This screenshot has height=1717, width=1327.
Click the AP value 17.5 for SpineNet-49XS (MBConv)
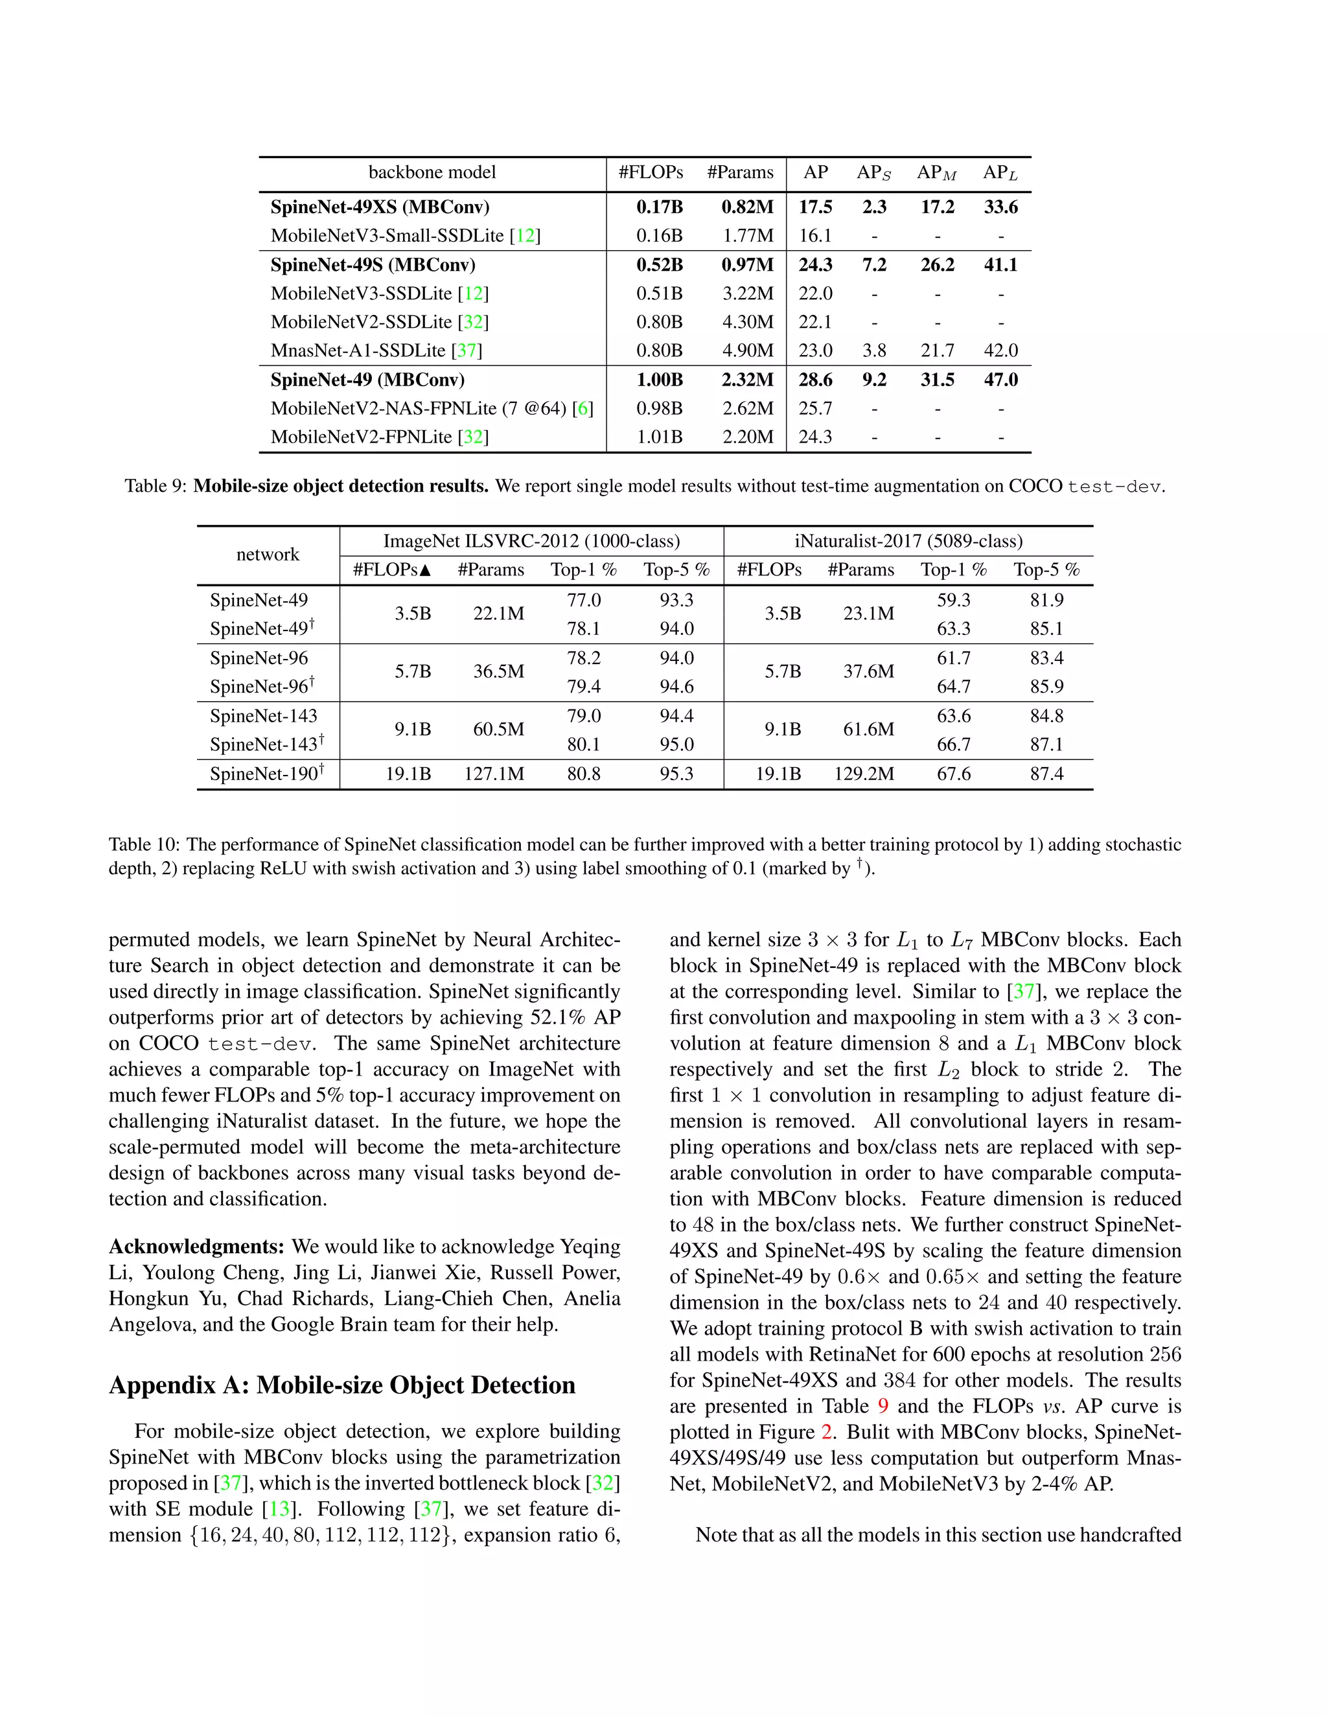point(815,207)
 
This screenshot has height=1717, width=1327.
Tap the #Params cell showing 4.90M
point(748,351)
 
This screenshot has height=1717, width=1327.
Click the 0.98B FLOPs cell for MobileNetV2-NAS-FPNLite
point(659,408)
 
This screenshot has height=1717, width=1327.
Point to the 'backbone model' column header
point(432,172)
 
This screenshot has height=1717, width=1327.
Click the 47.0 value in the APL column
point(1000,380)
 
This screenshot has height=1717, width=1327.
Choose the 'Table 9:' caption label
point(156,486)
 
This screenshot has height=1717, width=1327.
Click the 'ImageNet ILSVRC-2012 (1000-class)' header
point(531,541)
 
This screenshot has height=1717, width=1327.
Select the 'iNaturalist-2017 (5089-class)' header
point(908,541)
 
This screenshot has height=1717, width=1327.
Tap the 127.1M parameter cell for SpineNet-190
point(494,774)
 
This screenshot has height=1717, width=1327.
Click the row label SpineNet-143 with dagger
point(266,744)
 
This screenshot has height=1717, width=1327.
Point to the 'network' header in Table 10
point(268,554)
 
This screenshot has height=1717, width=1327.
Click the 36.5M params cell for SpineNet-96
point(498,671)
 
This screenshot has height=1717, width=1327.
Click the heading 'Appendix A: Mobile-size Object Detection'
point(342,1385)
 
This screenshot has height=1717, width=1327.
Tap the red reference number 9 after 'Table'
point(883,1406)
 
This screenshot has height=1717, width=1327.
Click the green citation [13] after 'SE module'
point(279,1508)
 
